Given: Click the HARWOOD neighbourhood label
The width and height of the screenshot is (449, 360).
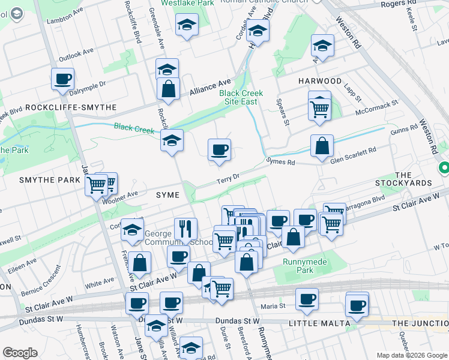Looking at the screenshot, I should tap(320, 81).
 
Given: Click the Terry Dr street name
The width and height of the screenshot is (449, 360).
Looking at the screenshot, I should tap(228, 178).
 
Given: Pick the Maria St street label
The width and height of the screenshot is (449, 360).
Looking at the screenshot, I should tap(273, 307).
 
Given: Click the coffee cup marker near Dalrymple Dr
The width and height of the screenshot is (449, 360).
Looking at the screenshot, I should tap(62, 79).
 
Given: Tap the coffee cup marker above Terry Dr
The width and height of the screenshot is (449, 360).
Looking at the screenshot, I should tap(219, 149).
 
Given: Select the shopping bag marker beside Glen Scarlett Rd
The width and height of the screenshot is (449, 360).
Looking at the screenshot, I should tap(322, 146).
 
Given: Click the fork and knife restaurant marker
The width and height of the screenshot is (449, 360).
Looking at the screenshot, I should tap(186, 228).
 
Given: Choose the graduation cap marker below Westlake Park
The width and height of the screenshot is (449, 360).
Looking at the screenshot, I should tap(187, 25).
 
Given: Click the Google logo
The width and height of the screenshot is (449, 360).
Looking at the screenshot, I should tap(20, 353).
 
